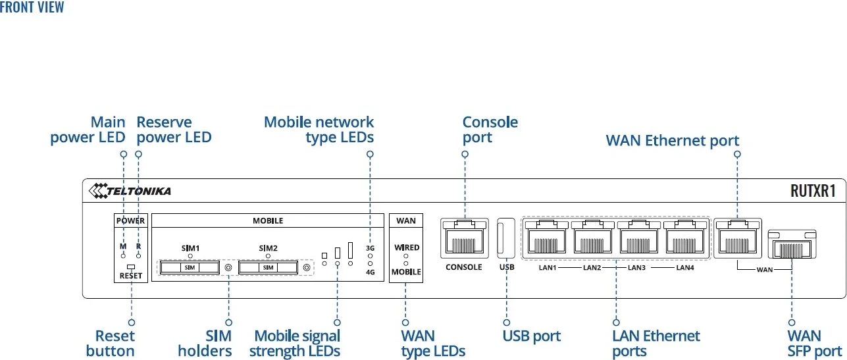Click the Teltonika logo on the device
coord(130,191)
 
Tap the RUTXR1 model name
coord(813,192)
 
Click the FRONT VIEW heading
coord(32,7)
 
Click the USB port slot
coord(506,240)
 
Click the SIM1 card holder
coord(190,268)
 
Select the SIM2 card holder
coord(268,268)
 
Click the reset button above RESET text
coord(131,267)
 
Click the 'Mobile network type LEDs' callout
coord(319,130)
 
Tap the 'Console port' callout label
coord(490,130)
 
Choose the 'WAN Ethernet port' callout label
coord(672,140)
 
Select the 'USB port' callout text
coord(531,336)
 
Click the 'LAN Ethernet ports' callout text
coord(656,344)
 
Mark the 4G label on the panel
coord(370,271)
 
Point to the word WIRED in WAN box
coord(407,247)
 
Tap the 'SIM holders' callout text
coord(205,344)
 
